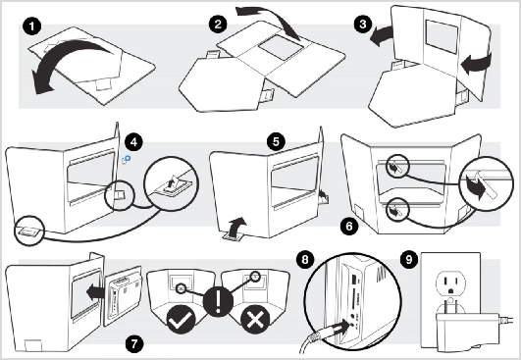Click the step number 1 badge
pos(32,26)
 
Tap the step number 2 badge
pos(218,25)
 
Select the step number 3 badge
pos(363,24)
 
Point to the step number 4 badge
pos(133,142)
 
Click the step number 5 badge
pos(276,142)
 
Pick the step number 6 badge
pos(349,227)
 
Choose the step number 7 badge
pos(134,343)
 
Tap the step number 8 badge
pos(305,259)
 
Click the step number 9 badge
pos(409,259)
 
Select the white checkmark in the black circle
pos(181,320)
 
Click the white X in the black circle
pos(255,320)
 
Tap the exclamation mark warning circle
pos(218,302)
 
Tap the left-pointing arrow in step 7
pos(95,293)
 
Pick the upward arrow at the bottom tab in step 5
pos(238,227)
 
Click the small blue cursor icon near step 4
pos(126,160)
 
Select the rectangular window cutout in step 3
pos(442,36)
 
